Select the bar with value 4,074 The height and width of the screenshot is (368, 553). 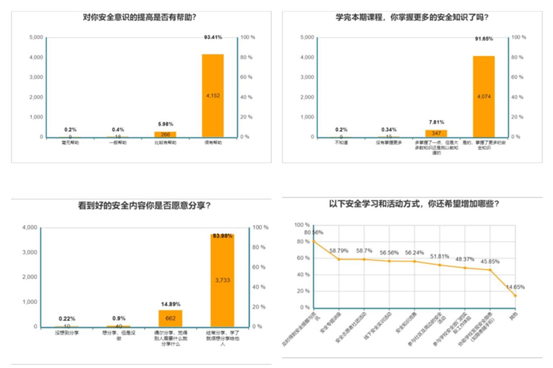click(x=484, y=96)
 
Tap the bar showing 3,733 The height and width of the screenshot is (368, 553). click(x=223, y=280)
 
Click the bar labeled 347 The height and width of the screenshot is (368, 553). click(x=436, y=133)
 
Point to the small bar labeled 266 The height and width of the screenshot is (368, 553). click(x=165, y=134)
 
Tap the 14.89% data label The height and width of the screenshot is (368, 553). click(x=170, y=304)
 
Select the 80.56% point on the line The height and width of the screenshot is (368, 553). click(x=313, y=241)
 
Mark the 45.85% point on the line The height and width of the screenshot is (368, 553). click(x=490, y=269)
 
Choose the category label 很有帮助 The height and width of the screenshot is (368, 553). click(x=213, y=142)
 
